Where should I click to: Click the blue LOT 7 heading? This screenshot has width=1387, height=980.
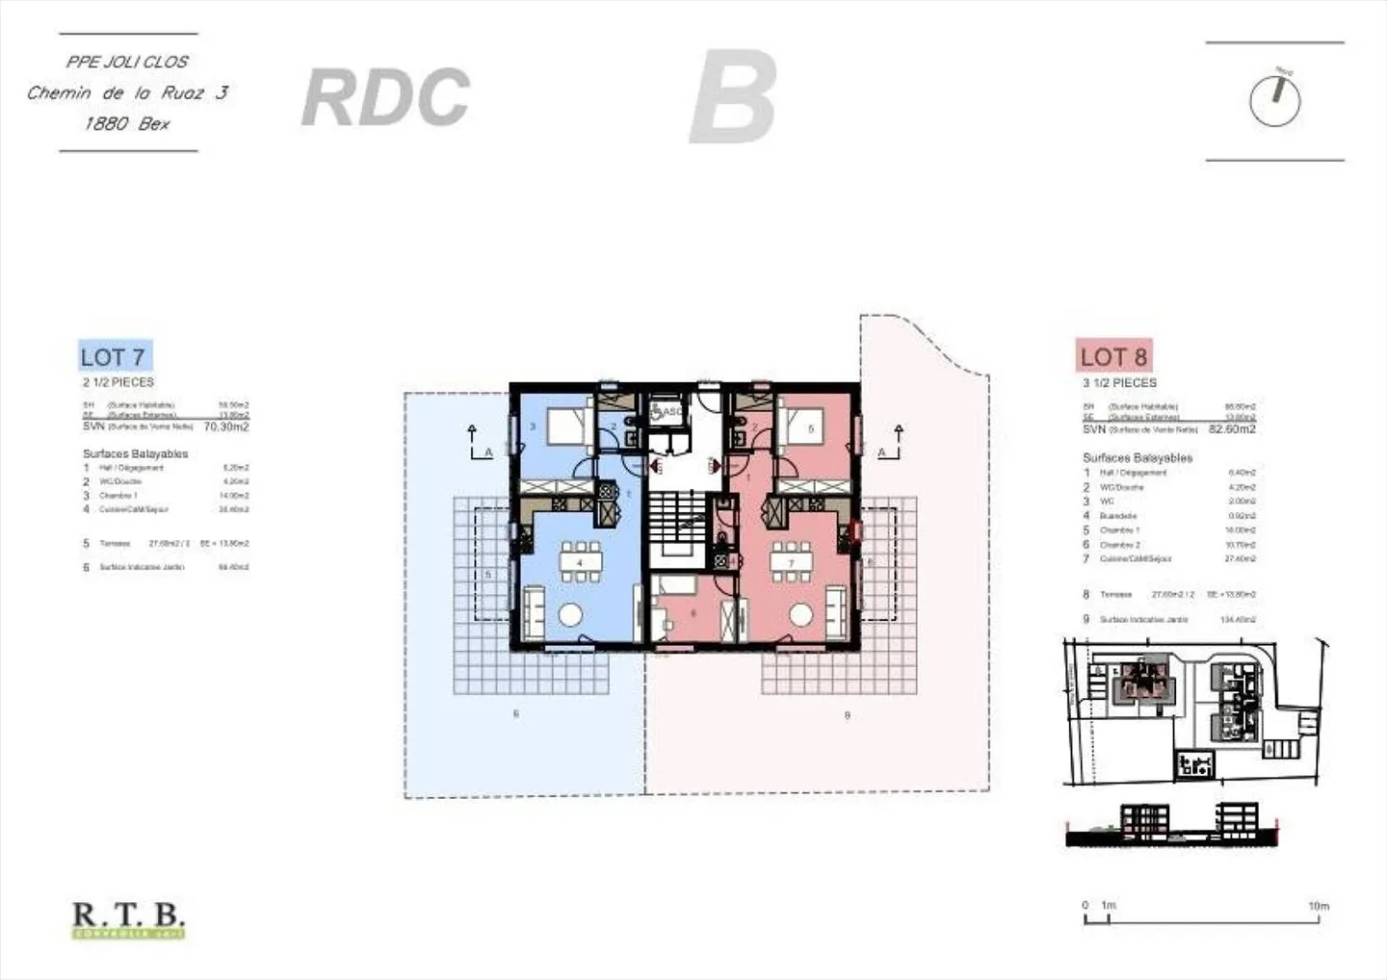[x=114, y=357]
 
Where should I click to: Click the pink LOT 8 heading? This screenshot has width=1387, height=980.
[x=1113, y=357]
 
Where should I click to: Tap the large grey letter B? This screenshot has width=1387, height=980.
[x=733, y=97]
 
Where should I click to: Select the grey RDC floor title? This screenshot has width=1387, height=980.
[x=385, y=97]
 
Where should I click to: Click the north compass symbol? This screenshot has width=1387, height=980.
[x=1274, y=99]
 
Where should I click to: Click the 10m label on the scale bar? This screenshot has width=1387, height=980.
[x=1318, y=906]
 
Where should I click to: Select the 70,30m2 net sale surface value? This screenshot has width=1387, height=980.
[x=226, y=426]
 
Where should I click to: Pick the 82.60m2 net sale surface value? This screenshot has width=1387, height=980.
[x=1232, y=429]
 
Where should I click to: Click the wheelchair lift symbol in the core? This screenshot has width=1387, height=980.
[x=665, y=412]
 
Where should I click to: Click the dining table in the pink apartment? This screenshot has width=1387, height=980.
[x=791, y=563]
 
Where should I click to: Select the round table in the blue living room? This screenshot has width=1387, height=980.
[x=571, y=614]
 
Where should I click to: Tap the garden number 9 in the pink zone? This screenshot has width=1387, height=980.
[x=847, y=715]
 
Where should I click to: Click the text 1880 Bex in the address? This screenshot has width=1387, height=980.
[x=127, y=123]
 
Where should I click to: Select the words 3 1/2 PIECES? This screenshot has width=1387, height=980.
[x=1119, y=383]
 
